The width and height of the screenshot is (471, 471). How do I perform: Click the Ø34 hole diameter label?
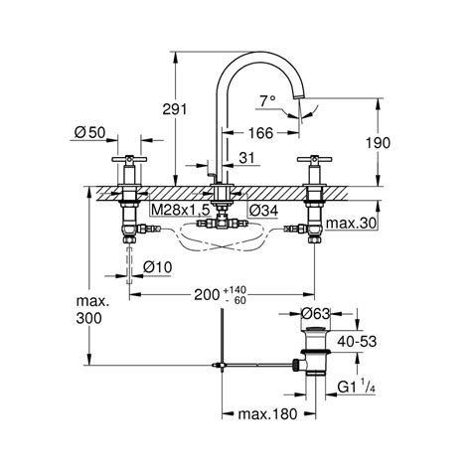tap(263, 210)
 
